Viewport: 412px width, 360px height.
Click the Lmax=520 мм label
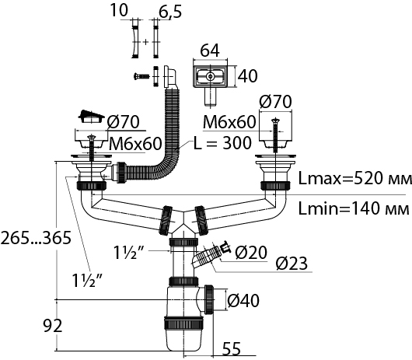tap(354, 179)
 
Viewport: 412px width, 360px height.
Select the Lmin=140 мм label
tap(354, 208)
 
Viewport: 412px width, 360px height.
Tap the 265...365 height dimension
tap(36, 238)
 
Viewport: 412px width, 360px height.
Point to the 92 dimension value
tap(53, 326)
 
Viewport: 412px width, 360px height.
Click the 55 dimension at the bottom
tap(232, 348)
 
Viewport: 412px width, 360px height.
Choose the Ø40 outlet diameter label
tap(243, 300)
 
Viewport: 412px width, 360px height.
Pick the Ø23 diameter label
tap(292, 264)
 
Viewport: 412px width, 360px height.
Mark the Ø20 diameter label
tap(251, 252)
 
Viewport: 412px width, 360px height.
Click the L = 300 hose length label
tap(222, 143)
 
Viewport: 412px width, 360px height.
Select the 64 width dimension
tap(210, 51)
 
